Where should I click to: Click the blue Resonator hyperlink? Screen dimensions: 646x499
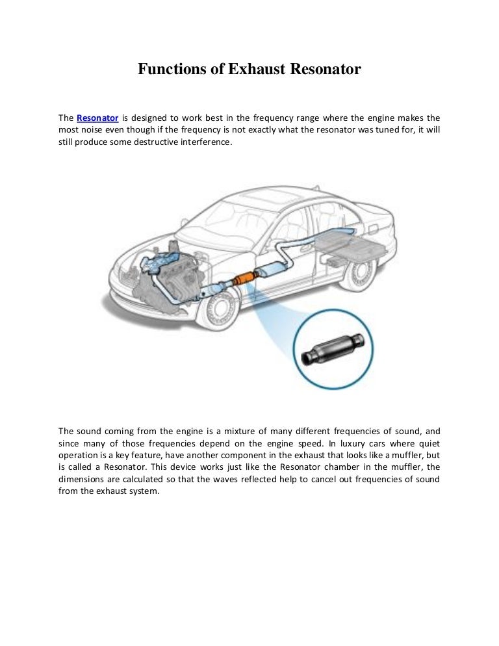pyautogui.click(x=97, y=118)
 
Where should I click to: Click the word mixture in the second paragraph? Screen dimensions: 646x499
pyautogui.click(x=237, y=431)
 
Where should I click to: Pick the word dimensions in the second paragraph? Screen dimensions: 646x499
pyautogui.click(x=83, y=480)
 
